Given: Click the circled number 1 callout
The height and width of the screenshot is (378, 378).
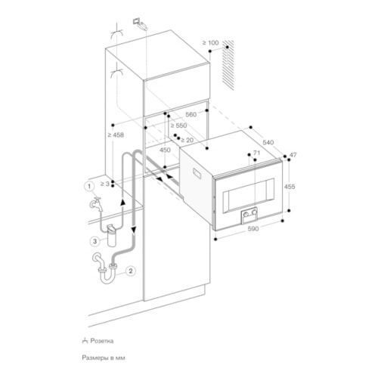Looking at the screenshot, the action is tap(89, 187).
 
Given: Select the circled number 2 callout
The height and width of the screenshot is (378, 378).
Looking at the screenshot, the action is tap(131, 271).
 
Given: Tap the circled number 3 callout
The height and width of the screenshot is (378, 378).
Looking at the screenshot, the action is tap(94, 241).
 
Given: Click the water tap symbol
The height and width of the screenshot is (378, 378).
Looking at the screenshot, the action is tap(95, 203).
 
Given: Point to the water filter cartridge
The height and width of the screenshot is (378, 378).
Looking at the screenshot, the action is tap(112, 235).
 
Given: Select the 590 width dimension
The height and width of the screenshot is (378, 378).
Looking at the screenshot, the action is tap(253, 228).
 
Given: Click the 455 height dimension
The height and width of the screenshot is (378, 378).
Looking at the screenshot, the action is tap(290, 187).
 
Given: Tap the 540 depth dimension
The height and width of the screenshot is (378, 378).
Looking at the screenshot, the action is tap(268, 142).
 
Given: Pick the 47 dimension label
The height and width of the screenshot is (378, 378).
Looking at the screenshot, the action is tap(293, 155).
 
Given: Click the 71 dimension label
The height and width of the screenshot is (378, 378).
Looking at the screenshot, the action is tap(256, 153).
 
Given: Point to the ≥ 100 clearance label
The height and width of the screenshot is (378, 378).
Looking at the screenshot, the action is tap(210, 43).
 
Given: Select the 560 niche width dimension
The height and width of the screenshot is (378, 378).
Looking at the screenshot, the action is tap(191, 115).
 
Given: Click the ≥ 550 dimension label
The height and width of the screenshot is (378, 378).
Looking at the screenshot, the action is tap(178, 125).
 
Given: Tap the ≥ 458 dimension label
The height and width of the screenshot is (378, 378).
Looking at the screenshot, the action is tap(116, 135).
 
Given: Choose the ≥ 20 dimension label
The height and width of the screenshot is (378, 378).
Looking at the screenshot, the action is tap(187, 140).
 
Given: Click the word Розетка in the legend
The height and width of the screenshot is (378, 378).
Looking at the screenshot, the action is tap(102, 341).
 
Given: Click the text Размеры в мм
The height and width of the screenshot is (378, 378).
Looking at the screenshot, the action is tap(104, 358).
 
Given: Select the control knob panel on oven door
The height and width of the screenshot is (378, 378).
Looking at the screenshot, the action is tap(249, 215).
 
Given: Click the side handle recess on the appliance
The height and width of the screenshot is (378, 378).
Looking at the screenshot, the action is tap(197, 174).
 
